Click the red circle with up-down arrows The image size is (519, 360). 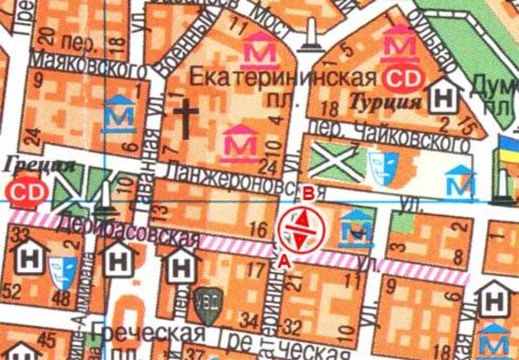point(298,227)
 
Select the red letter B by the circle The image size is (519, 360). point(308,194)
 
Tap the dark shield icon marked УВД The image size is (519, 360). point(205,303)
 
